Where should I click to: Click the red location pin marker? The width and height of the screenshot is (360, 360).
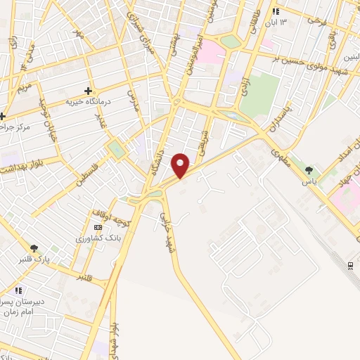click(181, 166)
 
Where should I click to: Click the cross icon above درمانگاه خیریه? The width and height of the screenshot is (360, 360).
click(88, 91)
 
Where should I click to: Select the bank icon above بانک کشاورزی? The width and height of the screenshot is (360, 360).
click(98, 227)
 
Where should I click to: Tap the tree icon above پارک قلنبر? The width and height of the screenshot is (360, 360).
click(34, 248)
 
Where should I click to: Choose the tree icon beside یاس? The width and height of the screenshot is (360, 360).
click(309, 169)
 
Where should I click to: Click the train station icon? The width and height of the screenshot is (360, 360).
click(350, 264)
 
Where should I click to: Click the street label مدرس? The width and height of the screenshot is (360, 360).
click(133, 101)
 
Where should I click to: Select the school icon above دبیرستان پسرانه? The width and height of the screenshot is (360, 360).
click(19, 290)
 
